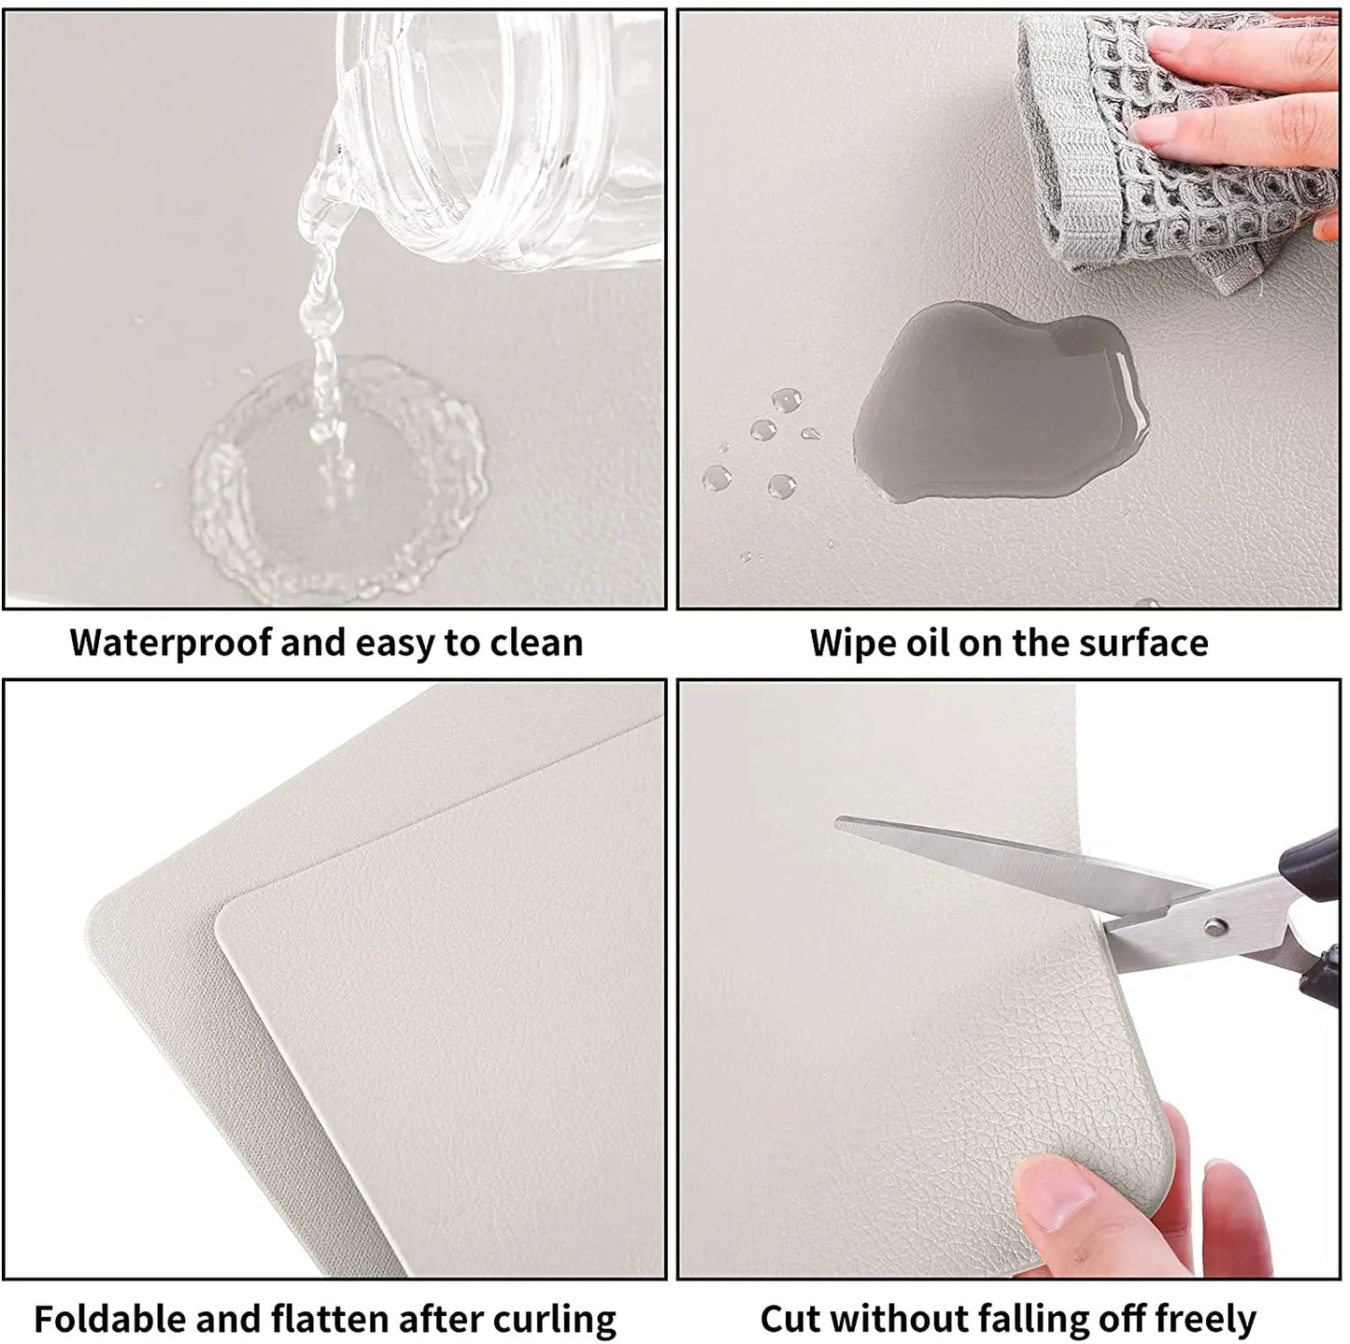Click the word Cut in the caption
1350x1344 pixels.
[x=790, y=1319]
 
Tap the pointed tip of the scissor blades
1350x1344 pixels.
[x=841, y=822]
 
